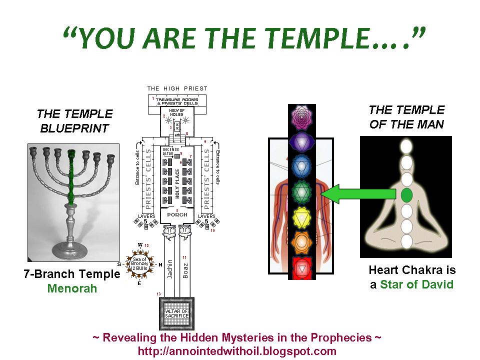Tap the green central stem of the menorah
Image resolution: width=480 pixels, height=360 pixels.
pyautogui.click(x=71, y=175)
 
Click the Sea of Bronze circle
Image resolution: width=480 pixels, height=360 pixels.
pyautogui.click(x=140, y=264)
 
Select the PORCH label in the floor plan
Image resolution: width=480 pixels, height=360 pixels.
pyautogui.click(x=177, y=214)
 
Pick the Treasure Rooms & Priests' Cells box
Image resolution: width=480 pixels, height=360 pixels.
pyautogui.click(x=178, y=100)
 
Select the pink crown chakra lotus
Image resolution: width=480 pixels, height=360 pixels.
pyautogui.click(x=301, y=116)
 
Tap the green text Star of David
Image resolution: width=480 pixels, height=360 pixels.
pyautogui.click(x=416, y=284)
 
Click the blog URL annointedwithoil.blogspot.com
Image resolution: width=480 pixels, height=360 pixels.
pyautogui.click(x=237, y=351)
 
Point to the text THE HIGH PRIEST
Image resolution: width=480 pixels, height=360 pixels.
pyautogui.click(x=177, y=88)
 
